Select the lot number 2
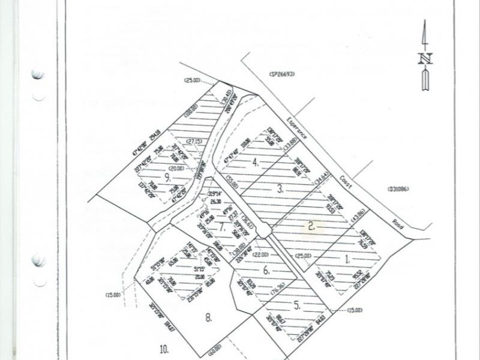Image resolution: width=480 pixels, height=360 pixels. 311,226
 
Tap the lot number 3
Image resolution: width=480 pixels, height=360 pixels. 280,189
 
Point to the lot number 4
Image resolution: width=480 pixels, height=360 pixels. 256,161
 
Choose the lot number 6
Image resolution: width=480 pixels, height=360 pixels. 266,270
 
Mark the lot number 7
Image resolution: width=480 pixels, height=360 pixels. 221,227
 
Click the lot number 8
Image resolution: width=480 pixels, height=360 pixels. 208,318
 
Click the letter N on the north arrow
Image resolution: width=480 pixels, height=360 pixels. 425,58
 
